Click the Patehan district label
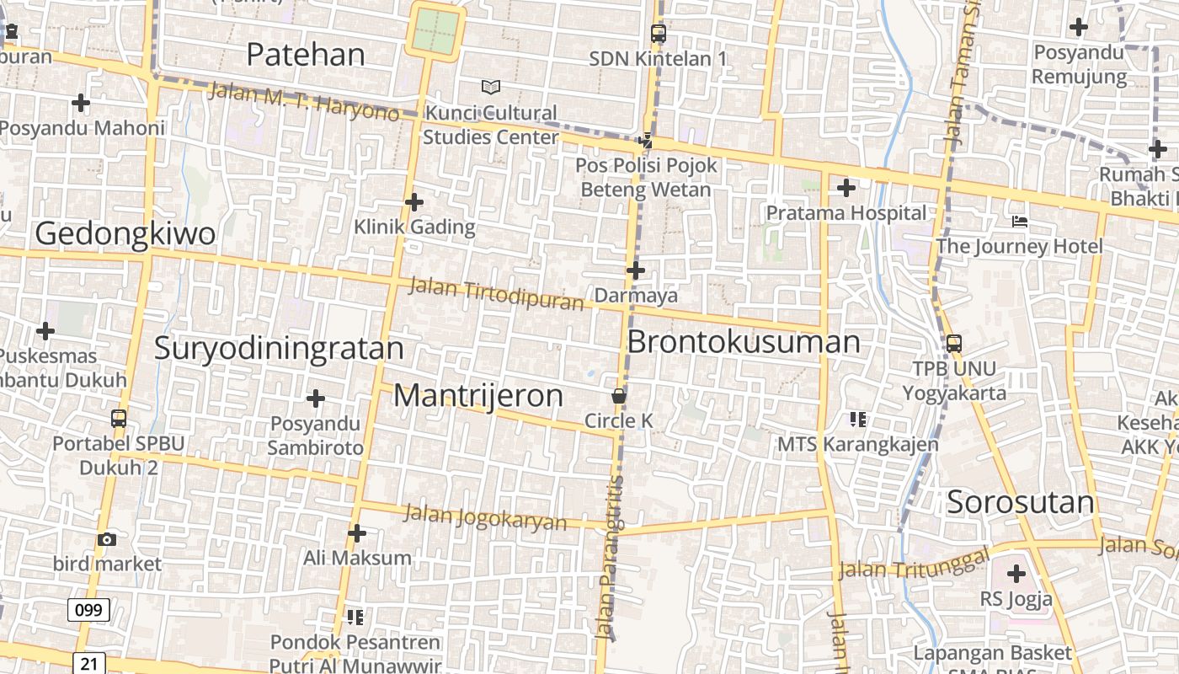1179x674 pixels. (306, 55)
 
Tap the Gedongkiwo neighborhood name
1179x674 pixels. (125, 233)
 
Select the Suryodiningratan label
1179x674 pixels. (279, 348)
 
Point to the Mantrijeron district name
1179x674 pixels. (478, 395)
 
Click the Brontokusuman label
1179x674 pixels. (744, 342)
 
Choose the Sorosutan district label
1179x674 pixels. (1021, 502)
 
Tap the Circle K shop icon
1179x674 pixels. (619, 396)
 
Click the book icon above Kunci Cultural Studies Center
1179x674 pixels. (490, 87)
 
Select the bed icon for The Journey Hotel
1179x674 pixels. (1020, 222)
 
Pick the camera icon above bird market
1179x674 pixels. (107, 539)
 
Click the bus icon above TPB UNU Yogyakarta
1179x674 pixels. (954, 344)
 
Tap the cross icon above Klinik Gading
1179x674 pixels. (413, 202)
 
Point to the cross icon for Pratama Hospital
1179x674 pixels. (846, 188)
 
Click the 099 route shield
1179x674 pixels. (88, 610)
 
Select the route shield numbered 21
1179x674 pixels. (88, 664)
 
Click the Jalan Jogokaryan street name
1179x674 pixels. (485, 516)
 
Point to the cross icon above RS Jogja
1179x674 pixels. (1016, 574)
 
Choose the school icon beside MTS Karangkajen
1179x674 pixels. (858, 419)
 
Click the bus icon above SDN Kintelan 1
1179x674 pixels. (659, 34)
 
